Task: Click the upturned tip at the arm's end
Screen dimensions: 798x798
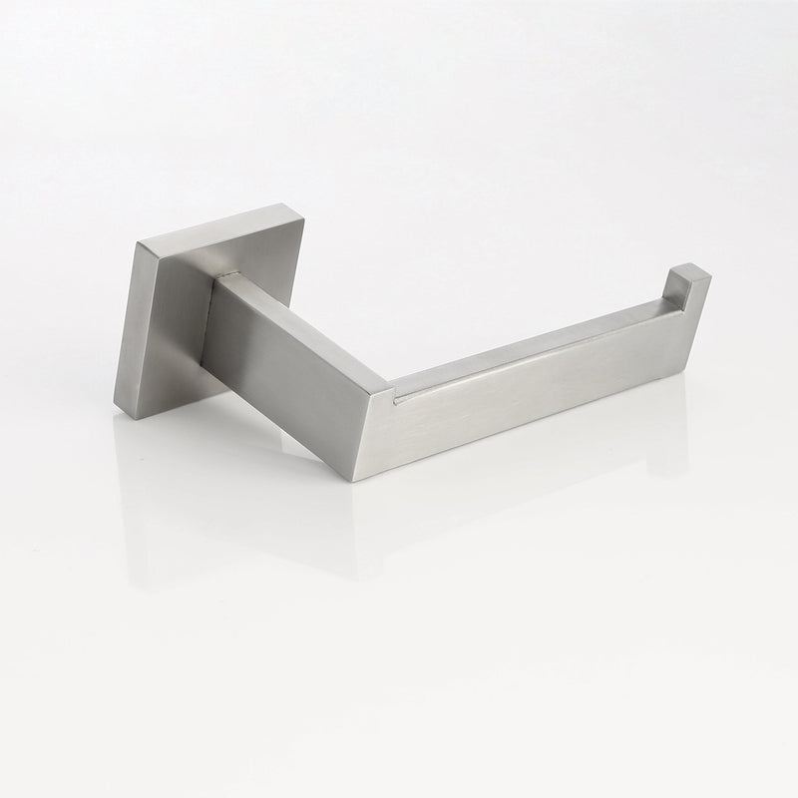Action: click(690, 284)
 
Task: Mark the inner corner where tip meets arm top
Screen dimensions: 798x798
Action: click(666, 297)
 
